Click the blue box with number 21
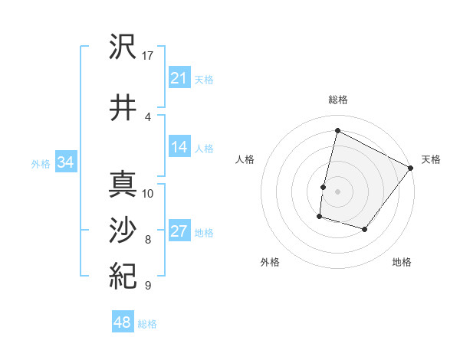click(x=179, y=78)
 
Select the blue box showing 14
click(x=179, y=148)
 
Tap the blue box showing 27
click(x=179, y=232)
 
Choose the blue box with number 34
click(x=66, y=162)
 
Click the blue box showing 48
click(x=123, y=322)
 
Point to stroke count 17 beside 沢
click(x=148, y=55)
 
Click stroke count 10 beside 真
click(x=148, y=193)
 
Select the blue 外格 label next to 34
click(x=41, y=163)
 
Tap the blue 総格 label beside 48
click(x=147, y=324)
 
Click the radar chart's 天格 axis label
click(x=431, y=159)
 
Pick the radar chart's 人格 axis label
click(x=245, y=159)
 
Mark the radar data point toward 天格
click(x=411, y=168)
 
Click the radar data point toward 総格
click(x=337, y=130)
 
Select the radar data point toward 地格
click(x=365, y=229)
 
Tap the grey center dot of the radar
click(x=337, y=191)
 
